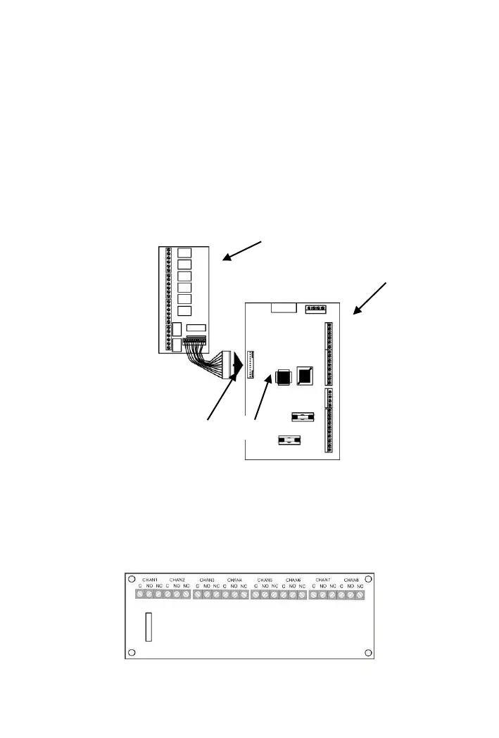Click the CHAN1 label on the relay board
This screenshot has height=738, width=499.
pos(149,580)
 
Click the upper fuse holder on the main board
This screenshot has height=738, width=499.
pos(302,418)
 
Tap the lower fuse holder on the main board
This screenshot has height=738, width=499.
pos(288,442)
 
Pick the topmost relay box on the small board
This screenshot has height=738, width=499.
pos(184,254)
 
